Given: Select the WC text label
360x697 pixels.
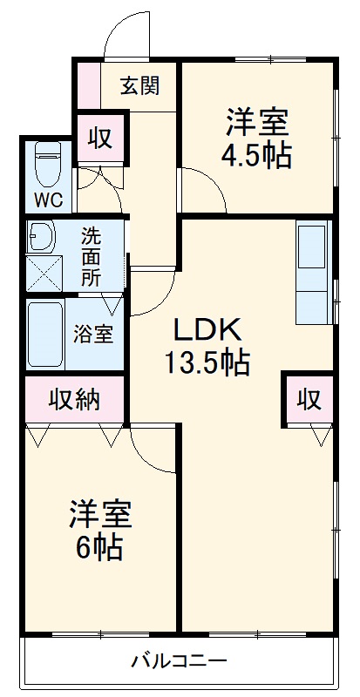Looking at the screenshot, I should click(48, 200).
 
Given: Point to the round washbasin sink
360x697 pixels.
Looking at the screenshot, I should click(41, 236).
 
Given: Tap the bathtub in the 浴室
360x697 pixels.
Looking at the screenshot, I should click(44, 335).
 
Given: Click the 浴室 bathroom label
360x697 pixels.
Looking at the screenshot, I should click(92, 334).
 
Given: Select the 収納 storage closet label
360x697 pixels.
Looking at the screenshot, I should click(73, 400).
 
